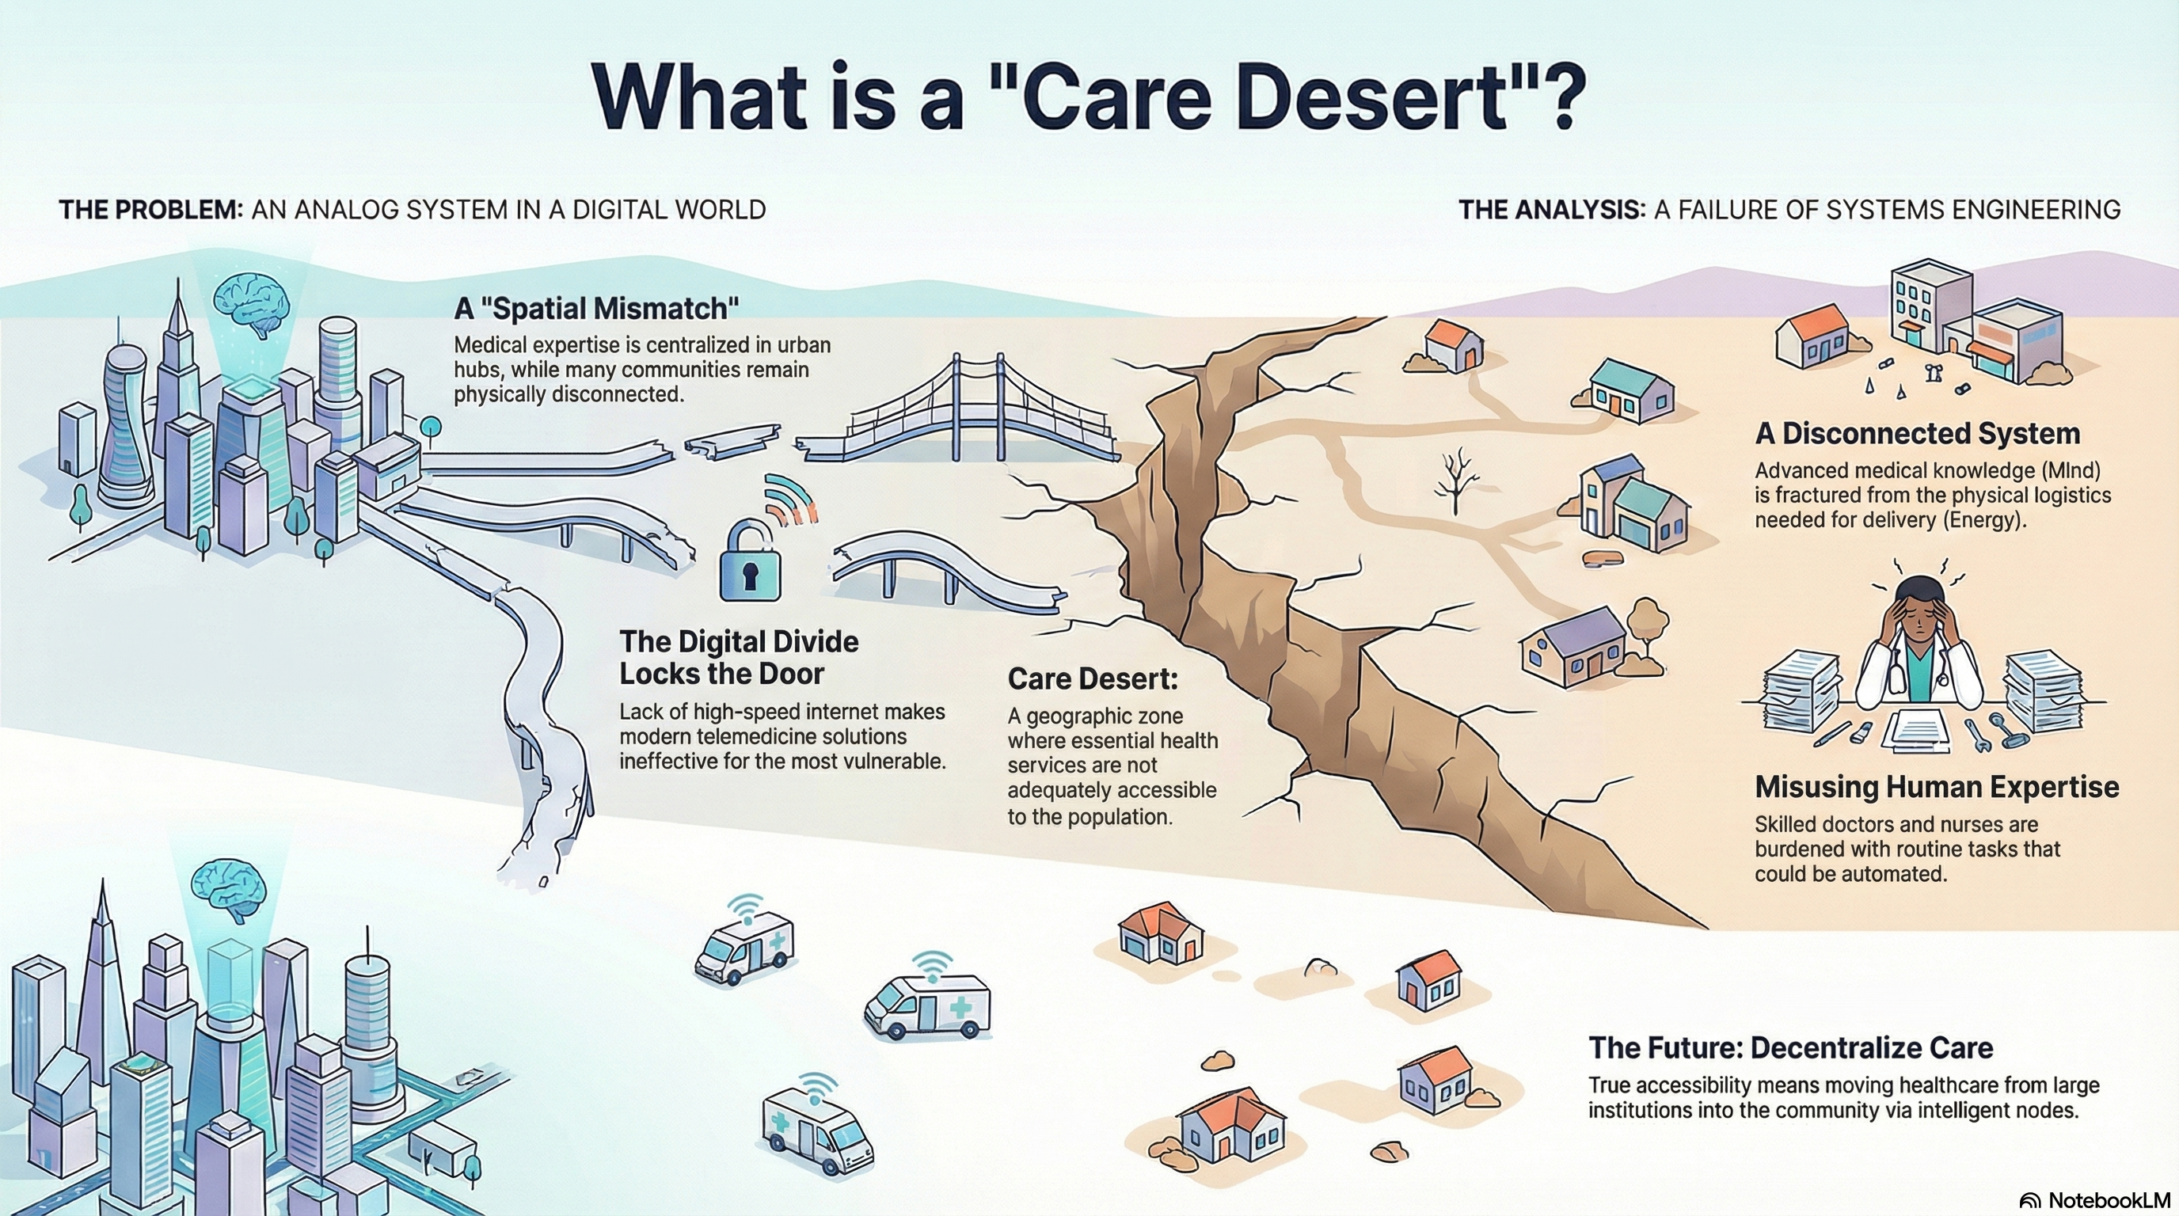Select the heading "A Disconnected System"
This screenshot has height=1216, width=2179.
coord(1916,434)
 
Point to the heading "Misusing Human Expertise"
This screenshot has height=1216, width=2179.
coord(1937,787)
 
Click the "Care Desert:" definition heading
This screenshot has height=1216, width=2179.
coord(1092,678)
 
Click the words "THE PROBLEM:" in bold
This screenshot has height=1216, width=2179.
coord(150,210)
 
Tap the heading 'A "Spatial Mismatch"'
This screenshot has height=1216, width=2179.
coord(596,309)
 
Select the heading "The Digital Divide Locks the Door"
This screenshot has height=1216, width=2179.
coord(739,657)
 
